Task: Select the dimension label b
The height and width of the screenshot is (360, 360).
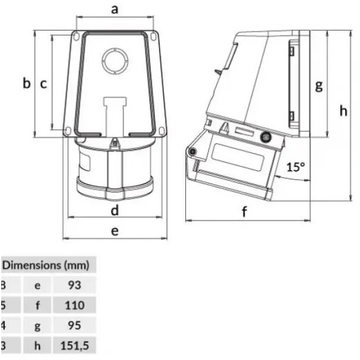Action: tap(26, 83)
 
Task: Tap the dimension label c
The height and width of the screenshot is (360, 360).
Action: tap(43, 84)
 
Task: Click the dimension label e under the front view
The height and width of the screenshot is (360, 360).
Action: tap(114, 230)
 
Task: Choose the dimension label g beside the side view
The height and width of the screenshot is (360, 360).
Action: tap(319, 85)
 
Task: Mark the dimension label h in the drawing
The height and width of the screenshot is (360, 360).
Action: tap(343, 110)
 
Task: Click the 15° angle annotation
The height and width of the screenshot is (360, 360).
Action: tap(295, 167)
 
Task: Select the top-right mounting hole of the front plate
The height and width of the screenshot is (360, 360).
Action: tap(154, 37)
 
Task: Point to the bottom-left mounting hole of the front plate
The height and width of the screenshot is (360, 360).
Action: tap(68, 130)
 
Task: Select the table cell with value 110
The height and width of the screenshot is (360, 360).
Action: tap(74, 305)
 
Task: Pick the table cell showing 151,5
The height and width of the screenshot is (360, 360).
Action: tap(74, 346)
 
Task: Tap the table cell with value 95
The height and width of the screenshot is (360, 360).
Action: tap(74, 326)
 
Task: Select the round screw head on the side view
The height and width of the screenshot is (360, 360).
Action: tap(265, 137)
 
